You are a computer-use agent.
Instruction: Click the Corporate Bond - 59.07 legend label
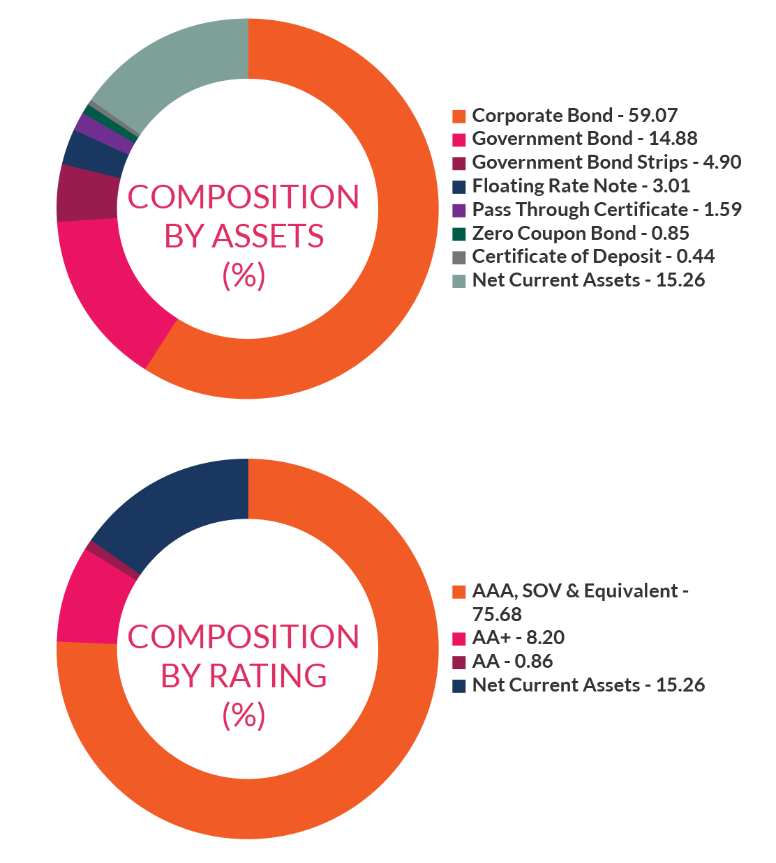tap(574, 115)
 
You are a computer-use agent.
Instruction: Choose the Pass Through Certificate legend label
tap(606, 209)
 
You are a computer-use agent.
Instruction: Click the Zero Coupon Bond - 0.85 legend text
tap(581, 233)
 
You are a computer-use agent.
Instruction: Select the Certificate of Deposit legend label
tap(593, 257)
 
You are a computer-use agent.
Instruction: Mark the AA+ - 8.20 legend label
tap(518, 638)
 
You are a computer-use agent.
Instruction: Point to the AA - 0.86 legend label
tap(512, 662)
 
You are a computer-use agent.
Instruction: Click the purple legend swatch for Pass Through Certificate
tap(458, 210)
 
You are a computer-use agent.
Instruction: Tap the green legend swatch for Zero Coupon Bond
tap(458, 234)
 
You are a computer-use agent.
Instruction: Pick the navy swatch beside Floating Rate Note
tap(458, 186)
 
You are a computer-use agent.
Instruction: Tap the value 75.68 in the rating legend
tap(497, 614)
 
